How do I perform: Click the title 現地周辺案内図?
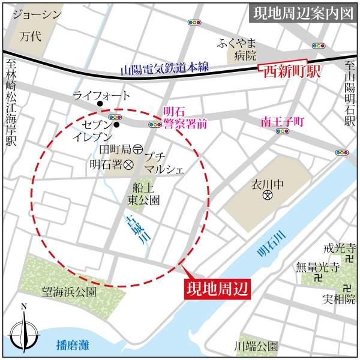pos(302,13)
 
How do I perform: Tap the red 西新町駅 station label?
pos(290,71)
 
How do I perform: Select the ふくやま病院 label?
pos(238,49)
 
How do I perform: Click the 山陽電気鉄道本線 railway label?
pos(164,68)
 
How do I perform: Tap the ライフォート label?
pos(101,95)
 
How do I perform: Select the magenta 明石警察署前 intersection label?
pos(185,118)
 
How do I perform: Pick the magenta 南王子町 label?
pos(283,122)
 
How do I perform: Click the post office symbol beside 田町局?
pos(137,148)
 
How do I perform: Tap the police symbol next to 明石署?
pos(128,163)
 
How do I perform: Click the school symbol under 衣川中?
pos(268,196)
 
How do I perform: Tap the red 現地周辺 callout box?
pos(215,287)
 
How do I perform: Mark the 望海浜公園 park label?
pos(69,292)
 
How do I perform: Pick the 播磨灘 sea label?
pos(72,345)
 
